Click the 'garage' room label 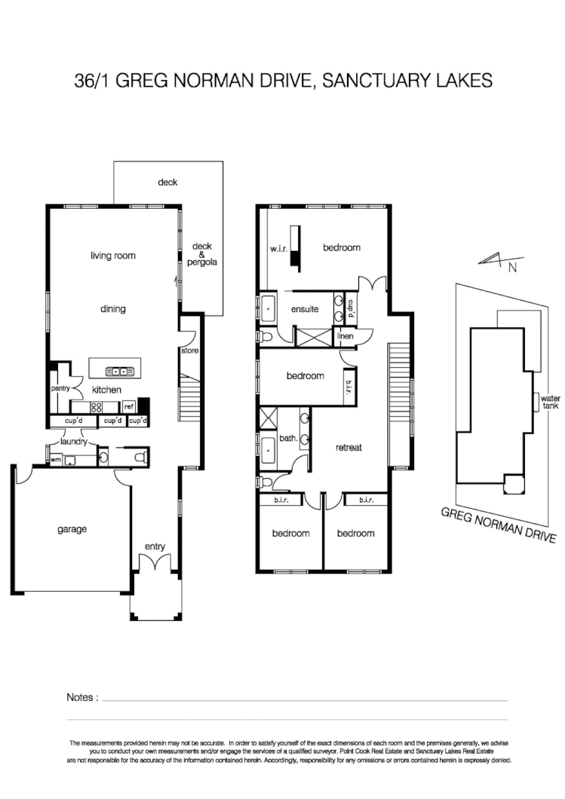click(72, 529)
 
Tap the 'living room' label click(113, 256)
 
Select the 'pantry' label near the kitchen click(60, 389)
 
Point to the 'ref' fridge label click(128, 406)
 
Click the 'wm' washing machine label click(55, 458)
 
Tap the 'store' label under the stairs click(189, 351)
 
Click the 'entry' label click(155, 546)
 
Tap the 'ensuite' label click(305, 309)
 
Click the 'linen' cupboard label click(345, 336)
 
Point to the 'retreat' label click(349, 447)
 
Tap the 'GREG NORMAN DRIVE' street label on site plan click(499, 525)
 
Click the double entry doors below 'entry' click(155, 564)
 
